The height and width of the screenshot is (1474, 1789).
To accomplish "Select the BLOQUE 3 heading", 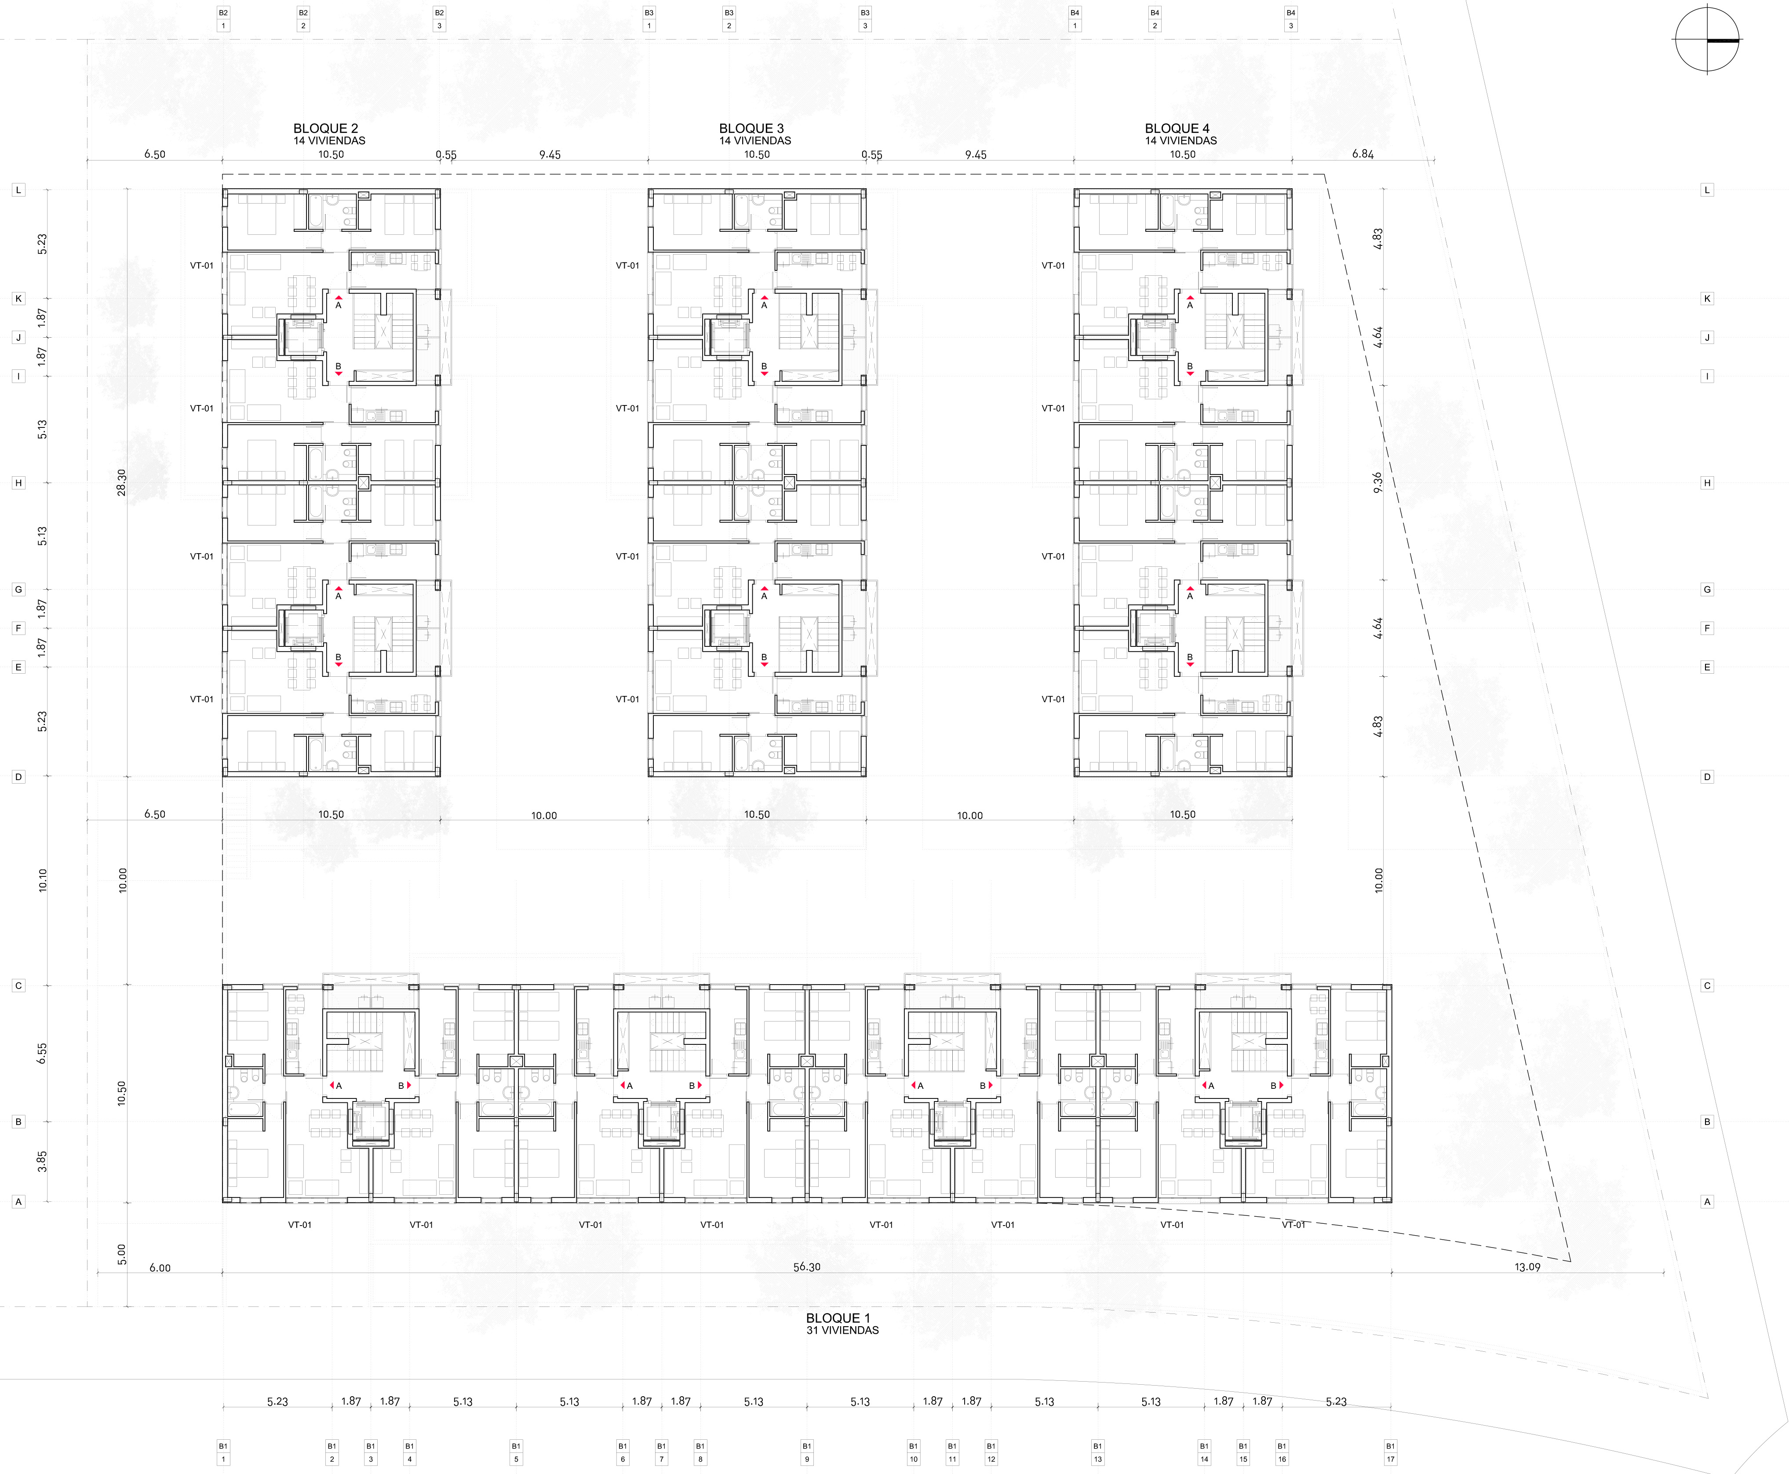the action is (x=751, y=128).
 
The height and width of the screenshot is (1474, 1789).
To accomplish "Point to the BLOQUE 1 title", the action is (x=838, y=1318).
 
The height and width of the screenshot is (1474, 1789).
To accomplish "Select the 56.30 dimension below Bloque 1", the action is (x=807, y=1267).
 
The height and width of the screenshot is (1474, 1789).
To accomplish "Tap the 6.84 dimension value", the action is (x=1363, y=153).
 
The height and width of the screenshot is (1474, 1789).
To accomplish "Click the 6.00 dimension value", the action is (x=160, y=1268).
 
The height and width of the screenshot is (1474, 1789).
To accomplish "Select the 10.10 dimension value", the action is (x=43, y=879).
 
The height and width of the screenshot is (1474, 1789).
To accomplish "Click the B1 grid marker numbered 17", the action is (x=1390, y=1452).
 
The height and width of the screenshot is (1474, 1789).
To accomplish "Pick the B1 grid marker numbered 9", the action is (x=807, y=1452).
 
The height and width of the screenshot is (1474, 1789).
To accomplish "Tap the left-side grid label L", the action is (x=18, y=190).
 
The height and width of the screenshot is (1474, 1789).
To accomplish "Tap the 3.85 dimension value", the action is (x=43, y=1161).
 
